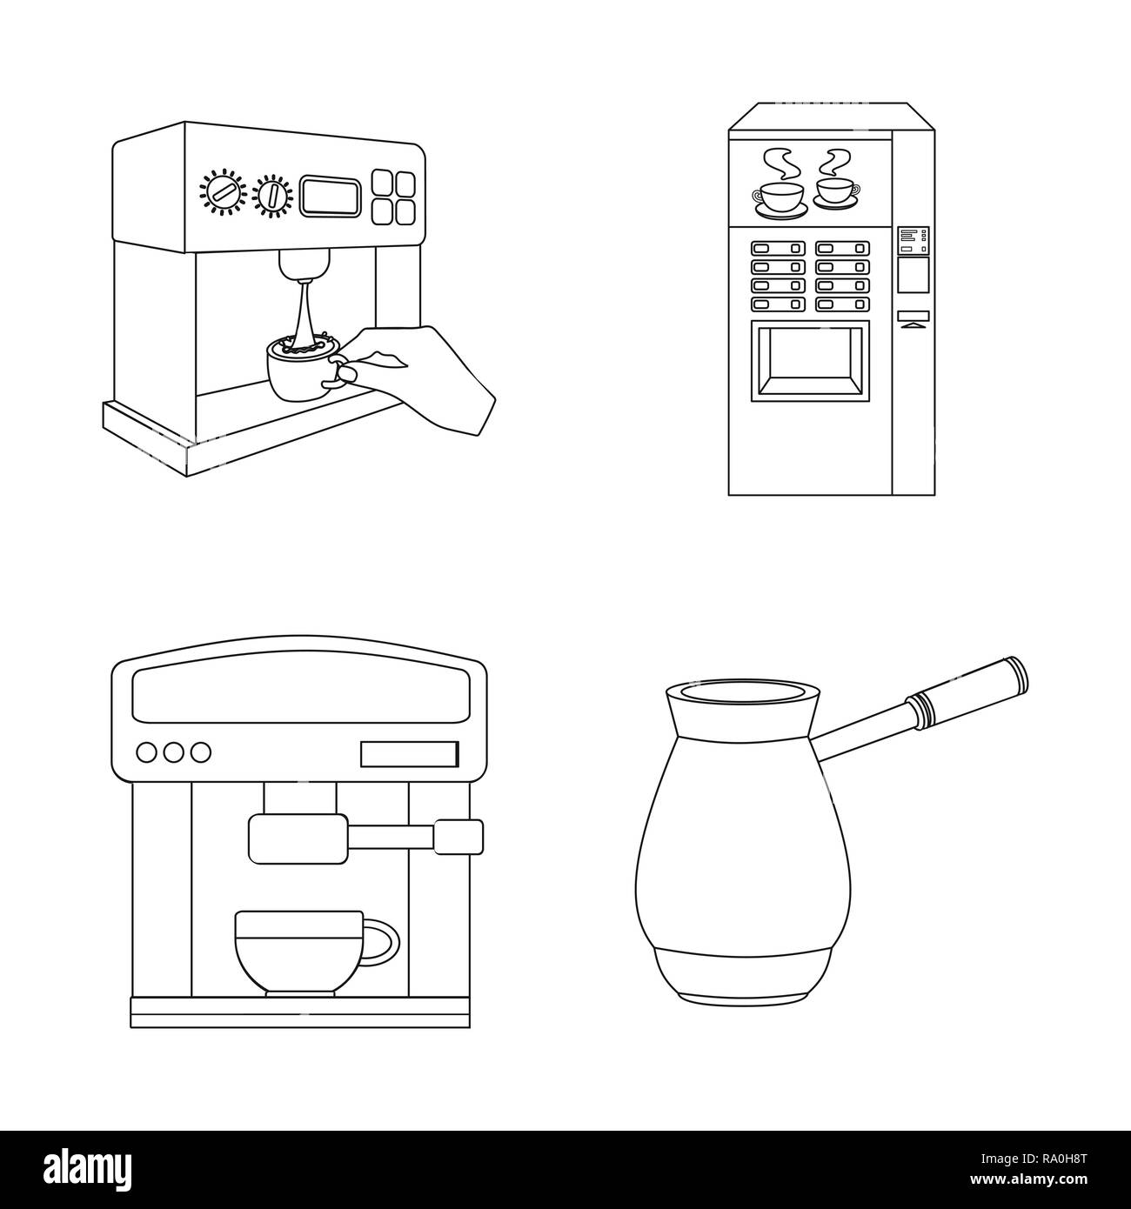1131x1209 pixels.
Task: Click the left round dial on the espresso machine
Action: [223, 191]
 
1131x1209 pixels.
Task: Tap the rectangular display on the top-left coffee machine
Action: [330, 196]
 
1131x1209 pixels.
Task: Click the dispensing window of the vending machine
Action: [809, 361]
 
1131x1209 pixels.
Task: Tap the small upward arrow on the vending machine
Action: [913, 326]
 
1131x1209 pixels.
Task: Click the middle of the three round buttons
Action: [174, 752]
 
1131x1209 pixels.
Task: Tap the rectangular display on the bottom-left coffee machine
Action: [409, 753]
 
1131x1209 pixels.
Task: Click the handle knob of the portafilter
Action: [458, 837]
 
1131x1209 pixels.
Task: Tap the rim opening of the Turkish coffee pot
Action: [742, 693]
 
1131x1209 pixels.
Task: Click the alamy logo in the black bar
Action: [88, 1168]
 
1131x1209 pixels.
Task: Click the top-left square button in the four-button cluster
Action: [383, 182]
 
